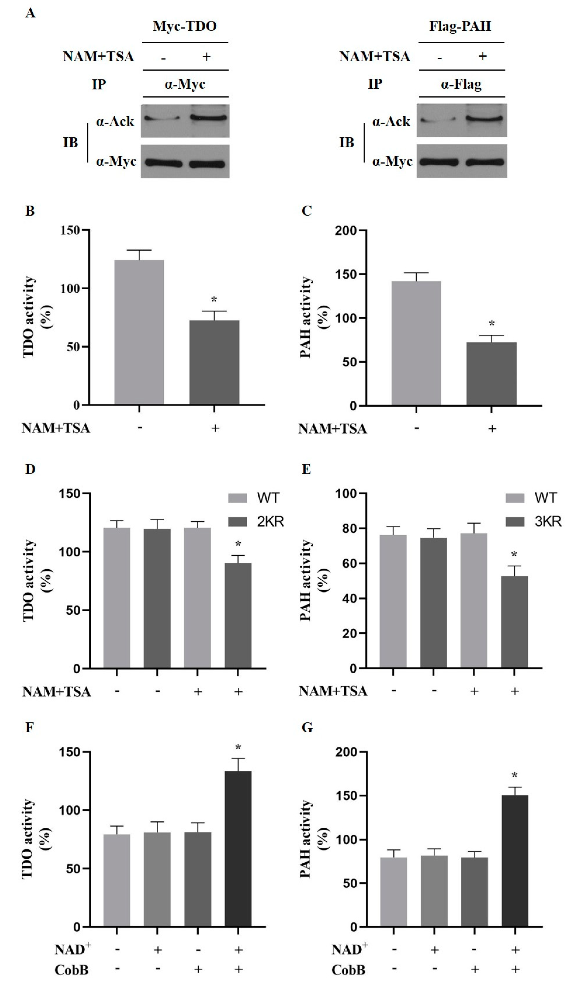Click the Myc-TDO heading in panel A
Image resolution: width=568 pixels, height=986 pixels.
(185, 26)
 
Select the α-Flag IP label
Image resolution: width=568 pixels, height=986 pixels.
(461, 84)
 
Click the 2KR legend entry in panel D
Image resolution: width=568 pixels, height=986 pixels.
(270, 521)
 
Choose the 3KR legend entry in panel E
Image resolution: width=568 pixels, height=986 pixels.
(547, 521)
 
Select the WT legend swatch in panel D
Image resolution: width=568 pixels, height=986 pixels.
(237, 498)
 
